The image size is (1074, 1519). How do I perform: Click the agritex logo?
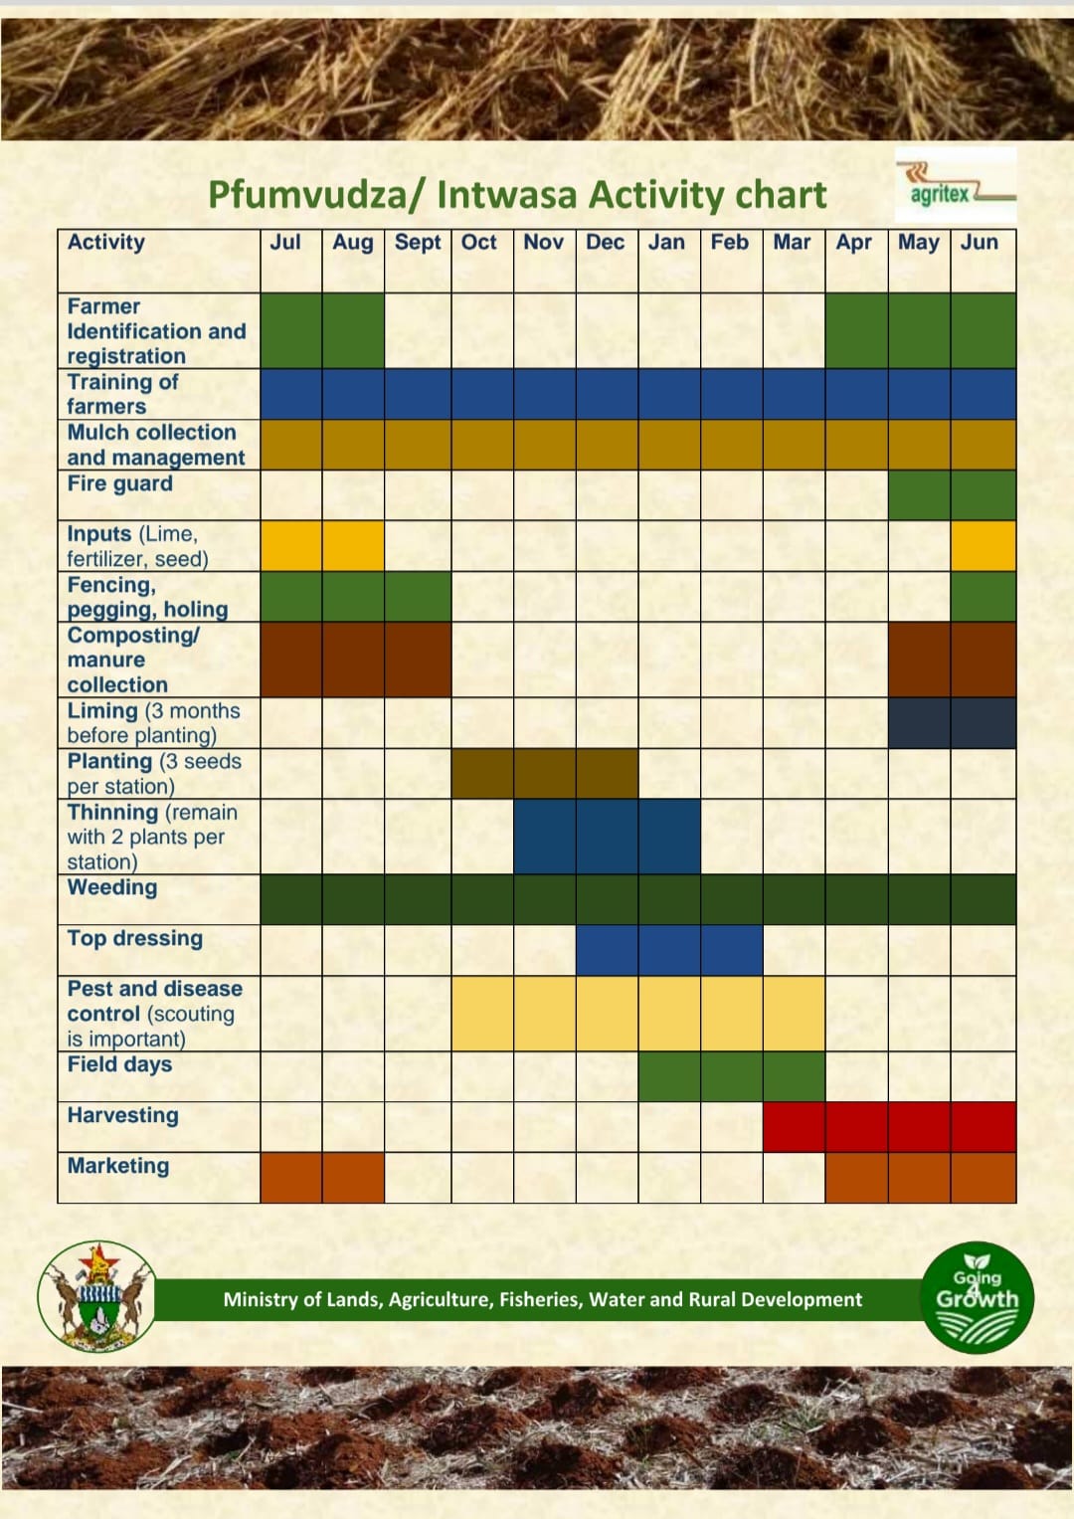tap(956, 185)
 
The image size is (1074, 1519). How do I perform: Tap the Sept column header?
tap(418, 242)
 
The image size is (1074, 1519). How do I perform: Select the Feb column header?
tap(730, 242)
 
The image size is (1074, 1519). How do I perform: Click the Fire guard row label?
tap(119, 483)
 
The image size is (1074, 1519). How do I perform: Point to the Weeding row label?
tap(111, 887)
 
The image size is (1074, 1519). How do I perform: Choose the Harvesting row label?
tap(122, 1115)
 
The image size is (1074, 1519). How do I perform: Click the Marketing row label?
tap(118, 1166)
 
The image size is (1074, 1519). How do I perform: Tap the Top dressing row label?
tap(135, 938)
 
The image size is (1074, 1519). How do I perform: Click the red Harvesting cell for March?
tap(794, 1126)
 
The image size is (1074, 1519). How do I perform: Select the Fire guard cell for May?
tap(920, 495)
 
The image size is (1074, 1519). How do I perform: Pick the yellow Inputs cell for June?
tap(984, 546)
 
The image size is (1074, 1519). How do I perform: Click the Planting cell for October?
tap(482, 773)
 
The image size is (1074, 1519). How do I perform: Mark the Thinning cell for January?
tap(670, 837)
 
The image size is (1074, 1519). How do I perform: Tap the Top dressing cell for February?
tap(732, 950)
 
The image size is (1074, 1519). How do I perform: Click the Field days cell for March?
tap(794, 1076)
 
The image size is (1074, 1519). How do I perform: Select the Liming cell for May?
tap(920, 723)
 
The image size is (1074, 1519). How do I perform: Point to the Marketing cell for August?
tap(353, 1177)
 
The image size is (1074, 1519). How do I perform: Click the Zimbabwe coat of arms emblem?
tap(97, 1296)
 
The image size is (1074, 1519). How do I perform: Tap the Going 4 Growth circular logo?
tap(977, 1297)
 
